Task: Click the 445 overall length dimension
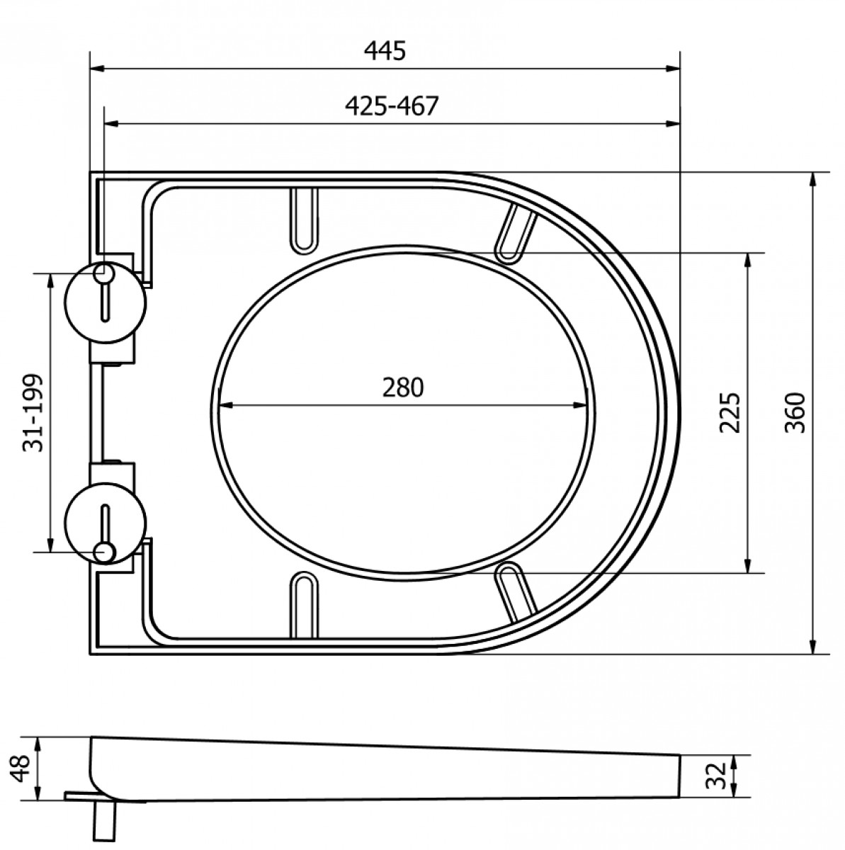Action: [x=385, y=50]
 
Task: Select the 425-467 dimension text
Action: [x=392, y=106]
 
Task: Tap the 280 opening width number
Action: [x=403, y=387]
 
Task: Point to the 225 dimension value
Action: [x=729, y=413]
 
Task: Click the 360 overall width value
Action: [x=796, y=413]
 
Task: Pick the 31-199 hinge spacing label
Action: [x=33, y=413]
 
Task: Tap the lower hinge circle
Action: [x=106, y=523]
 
